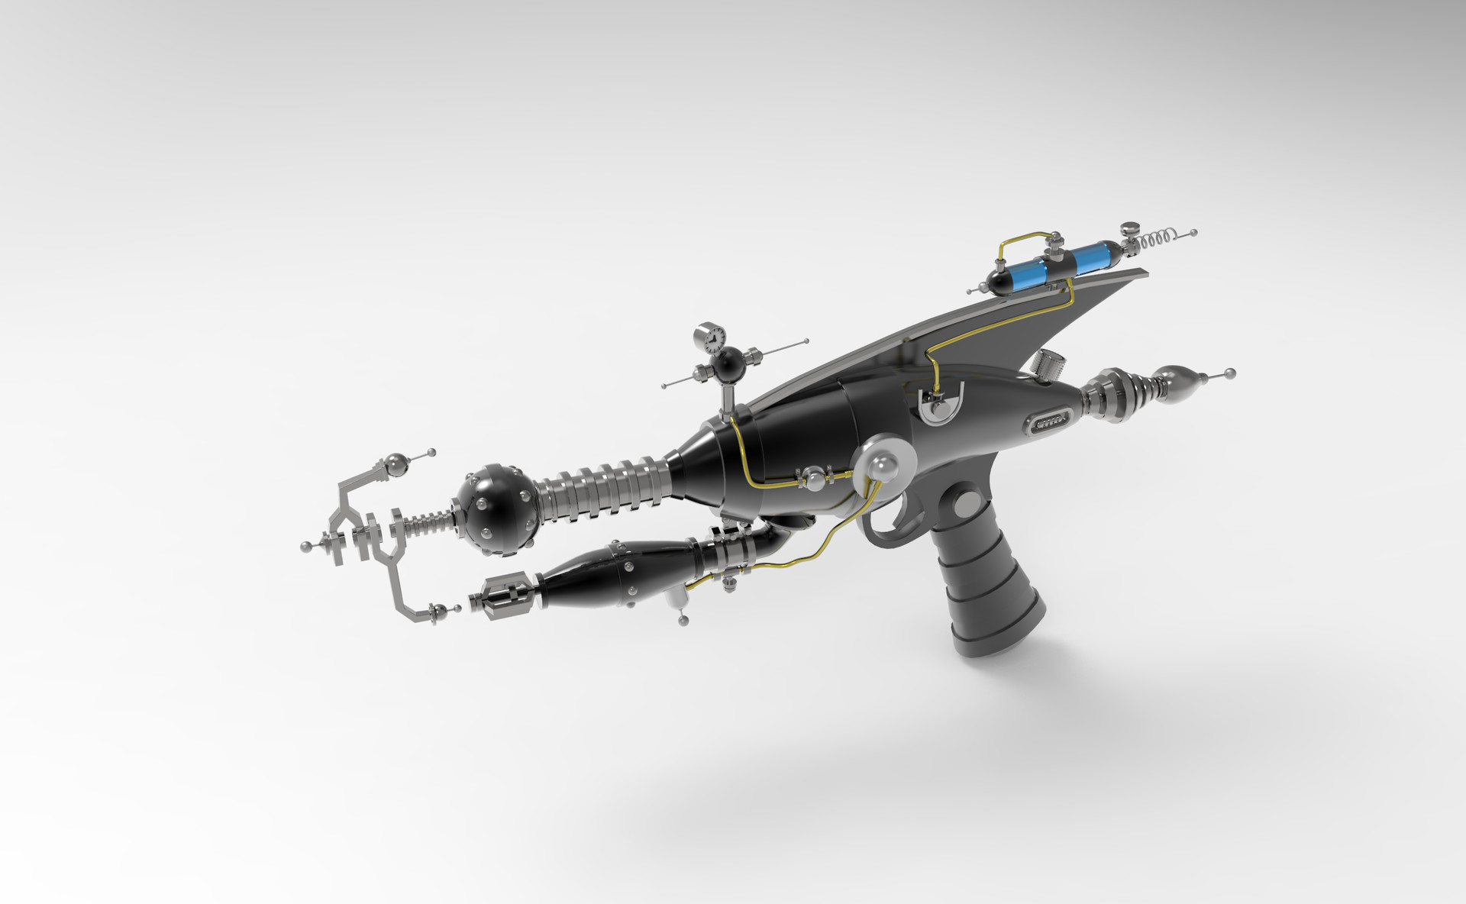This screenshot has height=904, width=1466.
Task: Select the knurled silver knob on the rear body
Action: [1044, 365]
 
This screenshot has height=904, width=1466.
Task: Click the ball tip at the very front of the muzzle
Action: [306, 545]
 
